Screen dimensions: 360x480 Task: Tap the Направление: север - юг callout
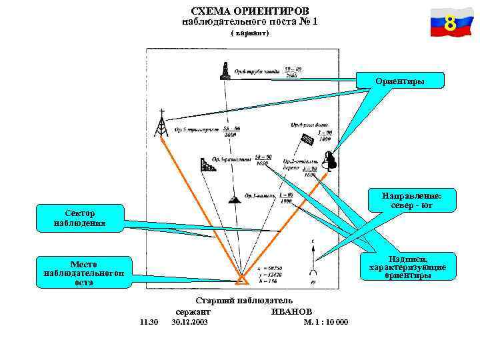pyautogui.click(x=411, y=201)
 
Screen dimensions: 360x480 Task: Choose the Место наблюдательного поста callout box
pyautogui.click(x=83, y=272)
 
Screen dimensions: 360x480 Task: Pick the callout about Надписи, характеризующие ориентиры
pyautogui.click(x=408, y=267)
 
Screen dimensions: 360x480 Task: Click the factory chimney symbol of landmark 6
pyautogui.click(x=225, y=71)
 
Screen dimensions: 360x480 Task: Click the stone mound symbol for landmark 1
pyautogui.click(x=234, y=199)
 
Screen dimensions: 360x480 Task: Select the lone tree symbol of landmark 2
pyautogui.click(x=329, y=161)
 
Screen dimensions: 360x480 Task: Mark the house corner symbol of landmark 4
pyautogui.click(x=307, y=141)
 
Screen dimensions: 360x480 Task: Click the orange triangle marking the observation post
pyautogui.click(x=240, y=278)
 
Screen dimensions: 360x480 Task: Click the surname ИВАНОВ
pyautogui.click(x=291, y=312)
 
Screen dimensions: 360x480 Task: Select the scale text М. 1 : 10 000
pyautogui.click(x=325, y=322)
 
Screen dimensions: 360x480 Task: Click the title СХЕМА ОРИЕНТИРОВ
pyautogui.click(x=249, y=11)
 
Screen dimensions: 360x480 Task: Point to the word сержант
pyautogui.click(x=193, y=312)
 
